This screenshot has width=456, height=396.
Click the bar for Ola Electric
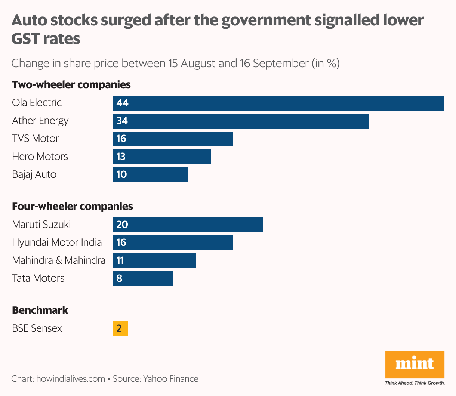[x=278, y=103]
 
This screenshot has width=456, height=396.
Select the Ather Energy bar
[x=241, y=121]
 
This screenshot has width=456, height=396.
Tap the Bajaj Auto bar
[x=151, y=175]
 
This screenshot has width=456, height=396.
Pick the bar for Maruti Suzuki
[x=188, y=225]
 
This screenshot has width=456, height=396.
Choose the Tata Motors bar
[x=143, y=279]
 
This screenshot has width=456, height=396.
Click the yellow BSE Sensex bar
[x=120, y=329]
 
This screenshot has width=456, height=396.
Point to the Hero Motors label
[x=40, y=157]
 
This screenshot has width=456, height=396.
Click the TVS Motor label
[x=36, y=139]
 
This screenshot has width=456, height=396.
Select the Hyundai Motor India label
[x=57, y=242]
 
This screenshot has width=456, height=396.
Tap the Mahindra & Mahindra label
[x=59, y=260]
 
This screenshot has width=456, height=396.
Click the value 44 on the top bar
[x=122, y=103]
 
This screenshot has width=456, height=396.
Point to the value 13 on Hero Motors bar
[x=121, y=157]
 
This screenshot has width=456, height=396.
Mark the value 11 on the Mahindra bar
[x=120, y=260]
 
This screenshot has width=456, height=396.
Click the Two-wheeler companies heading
[x=71, y=85]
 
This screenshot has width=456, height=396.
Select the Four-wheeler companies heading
[x=73, y=207]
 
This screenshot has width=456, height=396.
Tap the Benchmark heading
[x=40, y=310]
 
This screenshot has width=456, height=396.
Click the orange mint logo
[x=415, y=364]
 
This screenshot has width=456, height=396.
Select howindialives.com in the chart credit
[x=71, y=379]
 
